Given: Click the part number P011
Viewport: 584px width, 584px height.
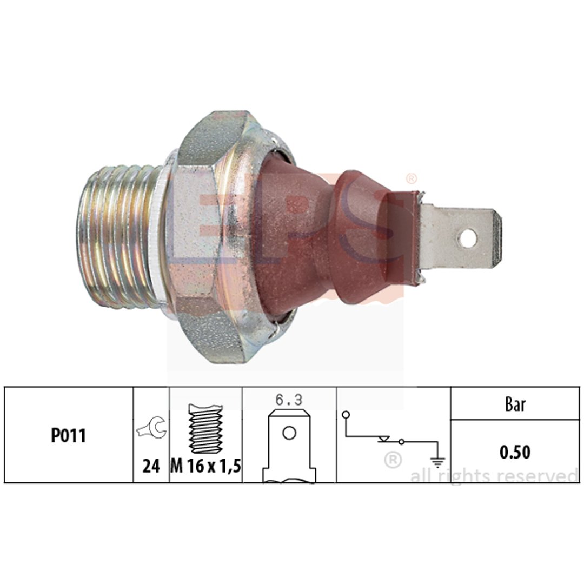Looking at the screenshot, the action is [68, 435].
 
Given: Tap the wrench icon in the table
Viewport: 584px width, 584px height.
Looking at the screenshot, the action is [151, 428].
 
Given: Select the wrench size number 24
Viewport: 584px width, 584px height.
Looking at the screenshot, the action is [151, 466].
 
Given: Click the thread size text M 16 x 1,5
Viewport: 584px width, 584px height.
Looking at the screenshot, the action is [205, 466].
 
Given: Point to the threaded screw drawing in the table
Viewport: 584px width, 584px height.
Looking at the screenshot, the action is [205, 429].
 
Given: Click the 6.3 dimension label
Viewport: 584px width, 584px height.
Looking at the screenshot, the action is [289, 400].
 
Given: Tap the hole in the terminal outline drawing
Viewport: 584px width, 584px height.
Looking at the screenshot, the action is [289, 433].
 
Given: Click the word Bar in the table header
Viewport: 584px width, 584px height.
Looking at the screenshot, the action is [515, 404].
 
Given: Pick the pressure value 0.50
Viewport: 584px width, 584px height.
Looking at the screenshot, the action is [515, 452].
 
